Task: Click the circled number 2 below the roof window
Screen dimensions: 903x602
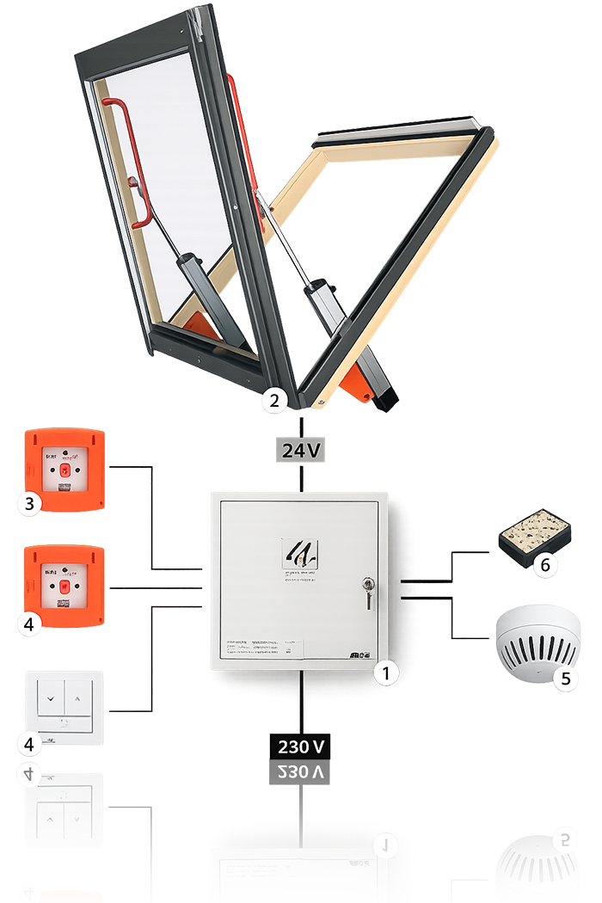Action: click(x=273, y=400)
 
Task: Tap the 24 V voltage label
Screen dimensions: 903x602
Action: click(x=300, y=449)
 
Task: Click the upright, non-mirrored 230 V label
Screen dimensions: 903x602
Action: click(x=300, y=745)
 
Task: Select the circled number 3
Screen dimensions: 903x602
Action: click(x=29, y=504)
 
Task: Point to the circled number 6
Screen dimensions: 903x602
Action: click(x=544, y=565)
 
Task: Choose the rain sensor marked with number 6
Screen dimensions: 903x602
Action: click(x=534, y=537)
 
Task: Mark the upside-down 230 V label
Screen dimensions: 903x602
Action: click(x=300, y=772)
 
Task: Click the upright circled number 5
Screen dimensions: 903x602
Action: click(x=565, y=679)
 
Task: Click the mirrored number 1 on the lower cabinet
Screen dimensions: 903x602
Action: click(x=386, y=847)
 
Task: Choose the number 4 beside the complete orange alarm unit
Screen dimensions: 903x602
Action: click(x=29, y=624)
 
